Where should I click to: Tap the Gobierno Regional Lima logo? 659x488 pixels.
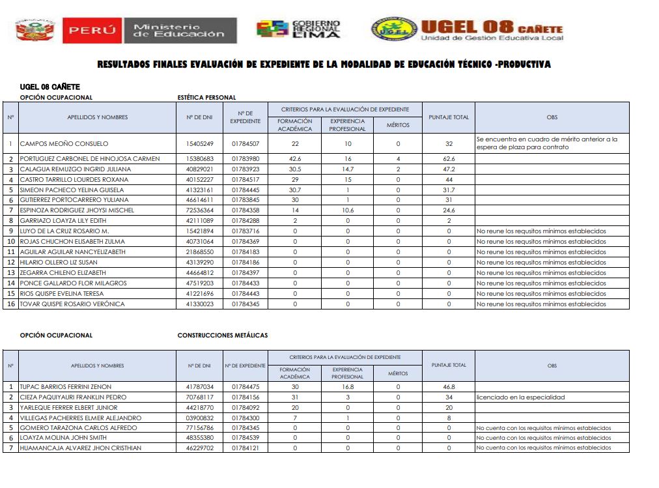click(298, 29)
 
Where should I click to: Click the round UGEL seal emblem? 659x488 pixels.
click(393, 29)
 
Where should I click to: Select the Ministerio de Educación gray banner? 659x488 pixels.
click(180, 30)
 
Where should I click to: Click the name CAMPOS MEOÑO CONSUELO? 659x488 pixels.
click(64, 143)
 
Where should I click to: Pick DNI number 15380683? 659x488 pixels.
click(200, 159)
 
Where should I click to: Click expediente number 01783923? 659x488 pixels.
click(245, 169)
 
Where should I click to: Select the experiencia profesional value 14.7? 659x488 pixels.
click(348, 169)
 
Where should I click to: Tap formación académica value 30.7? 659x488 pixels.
click(295, 190)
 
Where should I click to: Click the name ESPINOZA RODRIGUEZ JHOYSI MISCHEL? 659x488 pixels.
click(77, 210)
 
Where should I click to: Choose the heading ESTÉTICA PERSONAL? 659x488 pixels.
click(207, 98)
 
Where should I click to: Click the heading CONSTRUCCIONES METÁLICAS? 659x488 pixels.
click(223, 336)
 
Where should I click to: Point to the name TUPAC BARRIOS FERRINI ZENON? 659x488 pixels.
click(66, 387)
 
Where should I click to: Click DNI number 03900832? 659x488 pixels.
click(200, 418)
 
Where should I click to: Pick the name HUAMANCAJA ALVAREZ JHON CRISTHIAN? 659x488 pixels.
click(81, 448)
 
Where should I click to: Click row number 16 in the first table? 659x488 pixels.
click(11, 304)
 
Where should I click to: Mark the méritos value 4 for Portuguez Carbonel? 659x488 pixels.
click(398, 159)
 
